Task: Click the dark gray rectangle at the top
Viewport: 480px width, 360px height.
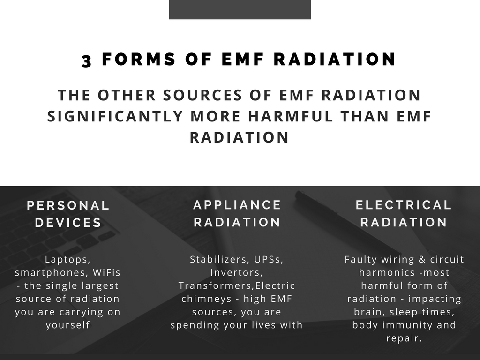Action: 240,9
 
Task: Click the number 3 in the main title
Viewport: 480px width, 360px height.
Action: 87,60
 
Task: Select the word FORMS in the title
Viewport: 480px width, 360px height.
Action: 139,59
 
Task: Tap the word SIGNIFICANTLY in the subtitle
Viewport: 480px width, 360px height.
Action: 115,116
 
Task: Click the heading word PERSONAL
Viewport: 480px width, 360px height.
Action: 68,205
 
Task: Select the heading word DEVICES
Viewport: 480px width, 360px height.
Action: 68,223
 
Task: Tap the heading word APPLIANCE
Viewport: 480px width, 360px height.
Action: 237,205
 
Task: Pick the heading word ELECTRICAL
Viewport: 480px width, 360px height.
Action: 404,205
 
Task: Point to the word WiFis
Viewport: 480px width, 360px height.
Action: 106,272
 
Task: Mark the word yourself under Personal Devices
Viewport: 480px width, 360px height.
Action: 68,325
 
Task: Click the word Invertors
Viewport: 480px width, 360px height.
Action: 237,272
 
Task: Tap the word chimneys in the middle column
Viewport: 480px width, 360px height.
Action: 206,299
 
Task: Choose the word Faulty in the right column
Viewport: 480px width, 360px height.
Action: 361,260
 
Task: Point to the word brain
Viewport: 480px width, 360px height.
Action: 369,312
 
